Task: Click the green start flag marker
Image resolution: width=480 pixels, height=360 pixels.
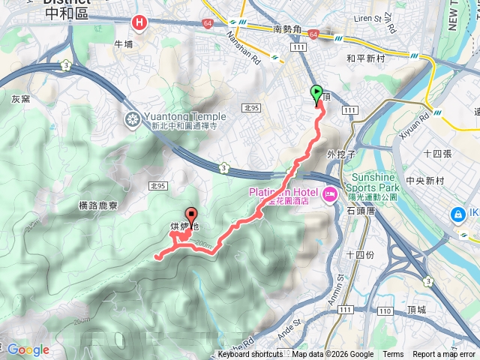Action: (x=316, y=94)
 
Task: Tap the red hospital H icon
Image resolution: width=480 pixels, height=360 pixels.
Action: (x=139, y=24)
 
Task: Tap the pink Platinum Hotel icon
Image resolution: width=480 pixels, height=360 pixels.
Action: (x=331, y=195)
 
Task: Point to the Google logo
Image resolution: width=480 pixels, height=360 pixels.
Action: (x=28, y=349)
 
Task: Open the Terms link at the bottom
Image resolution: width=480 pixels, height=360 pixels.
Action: (x=393, y=355)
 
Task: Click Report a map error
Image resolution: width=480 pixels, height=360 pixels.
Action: (x=444, y=355)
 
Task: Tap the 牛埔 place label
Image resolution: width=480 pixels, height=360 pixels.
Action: (x=123, y=44)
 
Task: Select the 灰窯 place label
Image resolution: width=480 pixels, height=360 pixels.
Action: (x=20, y=98)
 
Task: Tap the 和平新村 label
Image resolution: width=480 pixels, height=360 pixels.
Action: (x=365, y=57)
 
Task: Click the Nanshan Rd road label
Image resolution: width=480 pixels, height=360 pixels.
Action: (x=254, y=49)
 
